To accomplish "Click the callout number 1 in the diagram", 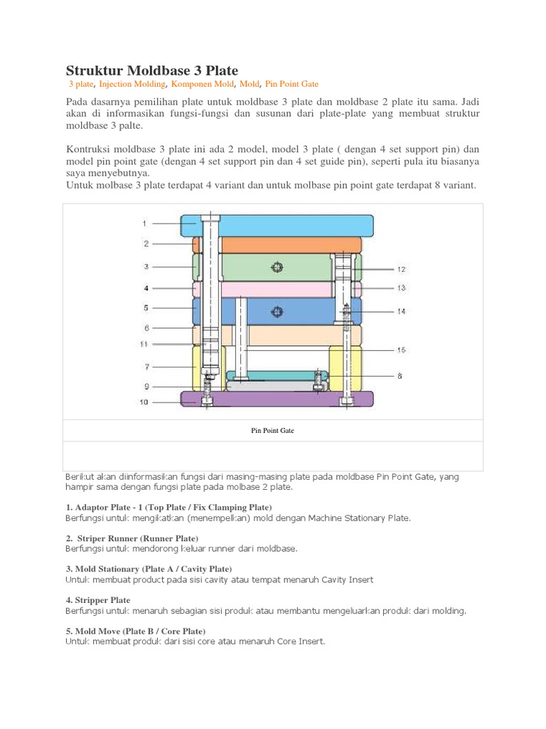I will point(144,224).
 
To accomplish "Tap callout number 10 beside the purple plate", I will point(144,402).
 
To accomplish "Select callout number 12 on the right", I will point(401,270).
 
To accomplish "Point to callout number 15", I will point(401,350).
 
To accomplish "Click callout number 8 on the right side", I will point(401,376).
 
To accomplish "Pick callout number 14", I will point(401,311).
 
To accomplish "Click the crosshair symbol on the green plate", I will point(276,267).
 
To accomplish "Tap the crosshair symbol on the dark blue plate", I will point(276,311).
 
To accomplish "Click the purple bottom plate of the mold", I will point(277,399).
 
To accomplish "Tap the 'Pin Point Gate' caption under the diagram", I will point(273,431).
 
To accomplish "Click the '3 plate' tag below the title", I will point(81,83).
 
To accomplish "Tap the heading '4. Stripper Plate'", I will point(97,600).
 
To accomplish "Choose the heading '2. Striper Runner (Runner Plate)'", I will point(132,537).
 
